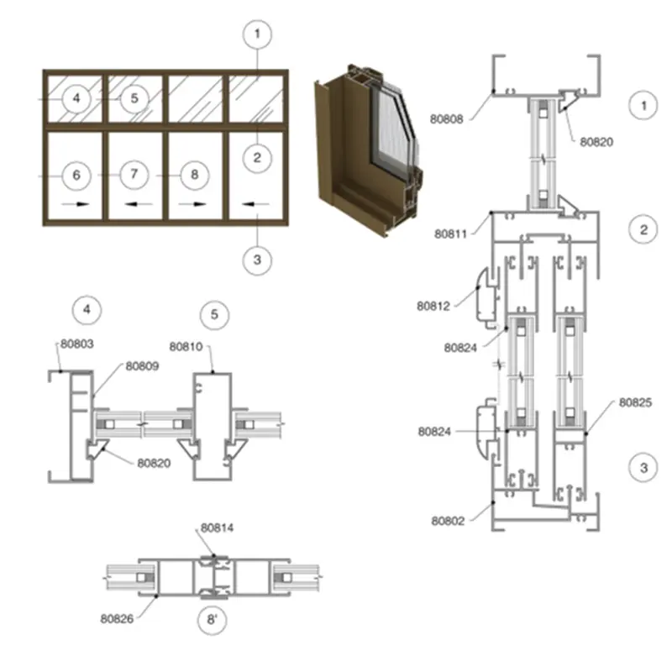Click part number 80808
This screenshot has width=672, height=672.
point(447,119)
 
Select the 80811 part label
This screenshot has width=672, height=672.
point(450,234)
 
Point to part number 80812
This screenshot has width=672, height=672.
point(433,306)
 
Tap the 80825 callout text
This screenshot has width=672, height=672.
point(636,402)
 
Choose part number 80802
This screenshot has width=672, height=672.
point(448,521)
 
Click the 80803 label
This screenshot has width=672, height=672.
point(76,344)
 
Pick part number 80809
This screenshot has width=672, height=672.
point(142,366)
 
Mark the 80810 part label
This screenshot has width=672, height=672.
point(186,346)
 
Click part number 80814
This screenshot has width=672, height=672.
point(218,528)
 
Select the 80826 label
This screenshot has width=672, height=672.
point(117,618)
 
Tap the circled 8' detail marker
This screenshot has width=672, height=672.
point(213,620)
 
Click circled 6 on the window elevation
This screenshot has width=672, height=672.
point(76,175)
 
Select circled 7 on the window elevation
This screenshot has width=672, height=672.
point(134,174)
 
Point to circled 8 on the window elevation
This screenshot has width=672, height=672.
point(195,175)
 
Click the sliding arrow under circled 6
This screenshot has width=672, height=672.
point(76,204)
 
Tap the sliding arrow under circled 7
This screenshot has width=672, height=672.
point(138,204)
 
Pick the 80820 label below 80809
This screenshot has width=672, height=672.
point(154,463)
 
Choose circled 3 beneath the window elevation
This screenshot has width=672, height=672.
point(257,260)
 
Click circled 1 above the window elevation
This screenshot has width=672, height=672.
point(257,34)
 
